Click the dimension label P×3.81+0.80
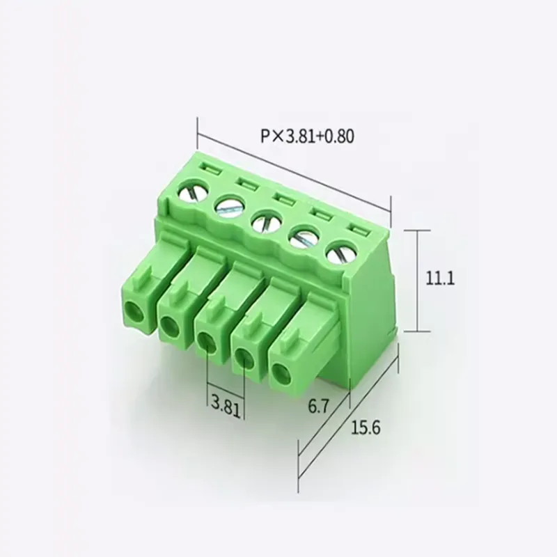308,136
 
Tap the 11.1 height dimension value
439,278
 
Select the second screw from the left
228,207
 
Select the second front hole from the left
168,322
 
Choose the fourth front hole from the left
243,358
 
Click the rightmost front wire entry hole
281,375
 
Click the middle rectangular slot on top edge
283,198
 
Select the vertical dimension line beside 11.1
416,280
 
